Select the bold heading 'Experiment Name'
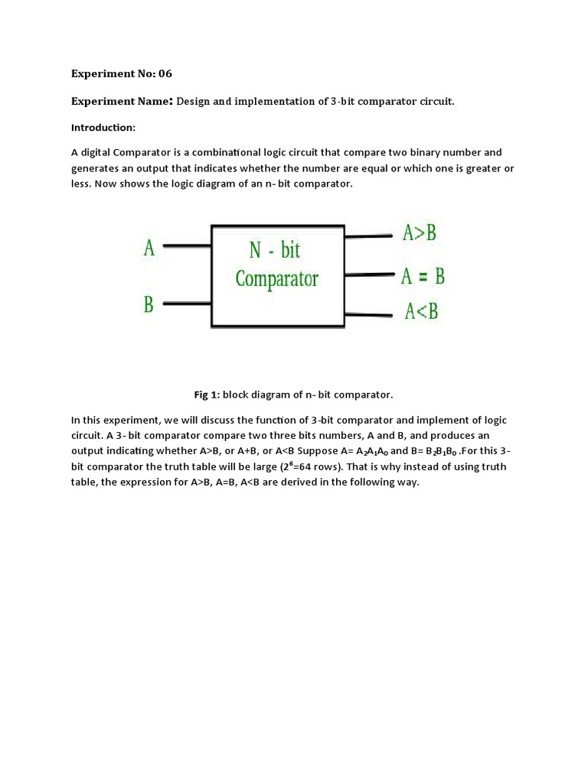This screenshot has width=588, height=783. click(122, 102)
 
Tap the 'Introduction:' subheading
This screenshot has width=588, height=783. click(103, 127)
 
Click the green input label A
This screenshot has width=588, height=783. click(149, 248)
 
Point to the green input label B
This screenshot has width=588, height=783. click(149, 304)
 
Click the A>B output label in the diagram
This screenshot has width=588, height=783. click(420, 233)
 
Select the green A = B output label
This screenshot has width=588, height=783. click(423, 276)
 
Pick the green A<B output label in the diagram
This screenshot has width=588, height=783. click(421, 311)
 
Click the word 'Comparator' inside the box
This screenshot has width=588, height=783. click(276, 279)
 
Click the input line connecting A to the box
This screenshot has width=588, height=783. click(187, 246)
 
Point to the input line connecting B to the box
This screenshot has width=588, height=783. click(187, 304)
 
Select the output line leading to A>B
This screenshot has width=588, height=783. click(369, 236)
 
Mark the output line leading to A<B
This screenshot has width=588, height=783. click(369, 314)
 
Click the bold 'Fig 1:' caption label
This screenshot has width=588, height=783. click(207, 395)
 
